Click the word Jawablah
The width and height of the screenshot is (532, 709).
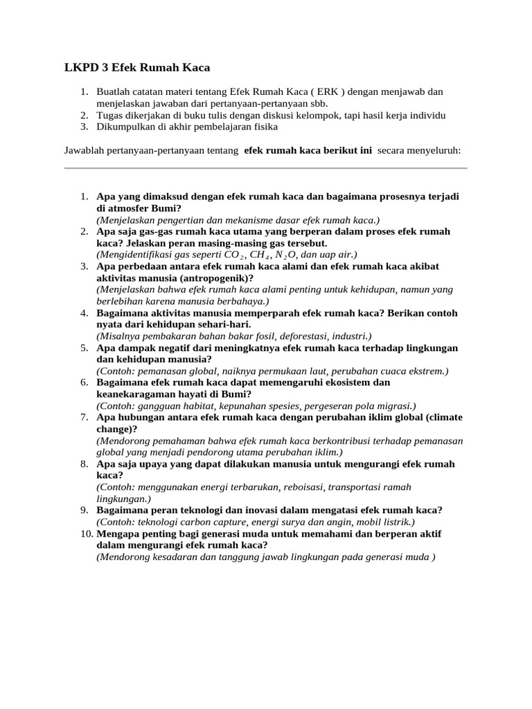point(86,150)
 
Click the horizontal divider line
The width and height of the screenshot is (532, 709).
point(265,168)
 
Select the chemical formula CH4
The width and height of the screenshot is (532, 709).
point(262,255)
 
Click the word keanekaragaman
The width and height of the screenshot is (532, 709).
point(137,394)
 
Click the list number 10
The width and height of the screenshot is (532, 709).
point(85,534)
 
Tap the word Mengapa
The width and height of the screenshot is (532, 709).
point(117,534)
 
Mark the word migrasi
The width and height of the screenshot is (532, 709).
point(396,406)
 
